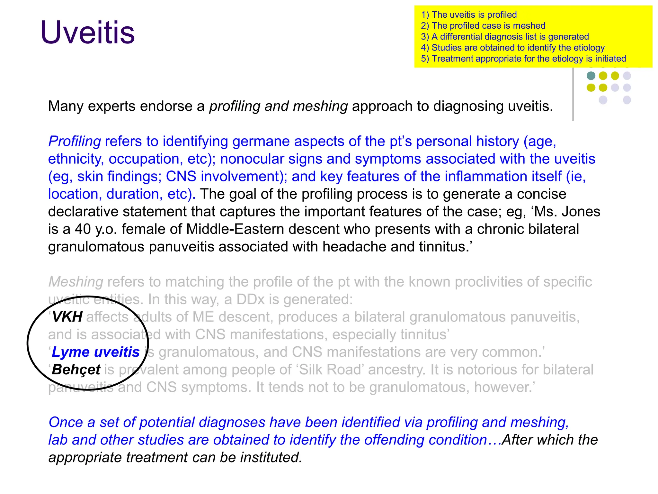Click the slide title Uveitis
click(87, 32)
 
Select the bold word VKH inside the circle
click(67, 317)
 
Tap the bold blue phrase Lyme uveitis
click(96, 352)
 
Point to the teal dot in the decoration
click(591, 76)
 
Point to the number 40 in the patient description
click(83, 229)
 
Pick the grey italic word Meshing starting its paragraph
click(76, 282)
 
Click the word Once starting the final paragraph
click(67, 422)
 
